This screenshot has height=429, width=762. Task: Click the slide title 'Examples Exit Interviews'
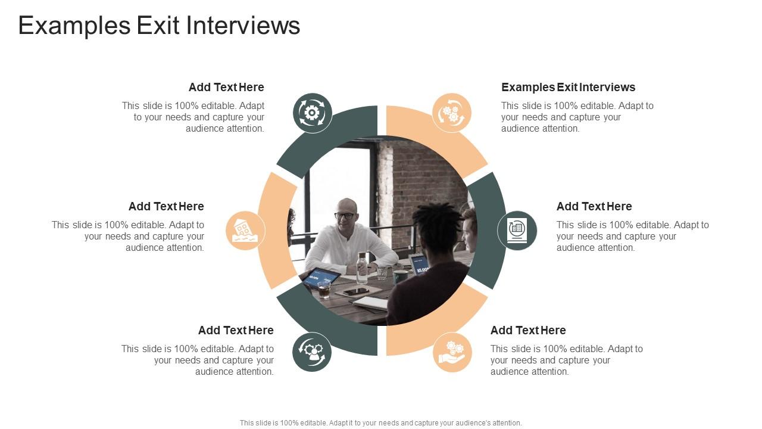click(159, 26)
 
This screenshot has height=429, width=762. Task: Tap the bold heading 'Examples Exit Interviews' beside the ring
click(568, 87)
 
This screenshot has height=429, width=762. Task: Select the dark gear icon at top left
click(313, 113)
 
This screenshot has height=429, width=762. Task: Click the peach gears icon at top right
click(451, 113)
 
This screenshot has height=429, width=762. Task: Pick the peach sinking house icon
click(245, 231)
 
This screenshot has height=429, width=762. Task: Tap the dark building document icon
click(517, 231)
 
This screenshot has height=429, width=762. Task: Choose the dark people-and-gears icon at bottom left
click(312, 352)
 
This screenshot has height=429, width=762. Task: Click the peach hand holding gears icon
click(452, 352)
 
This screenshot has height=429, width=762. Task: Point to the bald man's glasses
click(345, 215)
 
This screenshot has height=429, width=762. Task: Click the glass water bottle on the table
click(361, 268)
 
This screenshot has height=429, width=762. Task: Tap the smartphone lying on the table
click(356, 291)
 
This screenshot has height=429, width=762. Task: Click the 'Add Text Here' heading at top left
click(226, 87)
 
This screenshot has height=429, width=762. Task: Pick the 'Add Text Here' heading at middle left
click(166, 206)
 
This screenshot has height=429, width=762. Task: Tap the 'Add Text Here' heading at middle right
click(594, 206)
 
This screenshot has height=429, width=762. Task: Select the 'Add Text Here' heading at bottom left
click(236, 330)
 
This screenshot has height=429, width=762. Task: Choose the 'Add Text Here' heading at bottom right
click(528, 330)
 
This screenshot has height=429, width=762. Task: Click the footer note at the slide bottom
click(381, 423)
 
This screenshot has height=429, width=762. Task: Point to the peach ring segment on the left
click(275, 231)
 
